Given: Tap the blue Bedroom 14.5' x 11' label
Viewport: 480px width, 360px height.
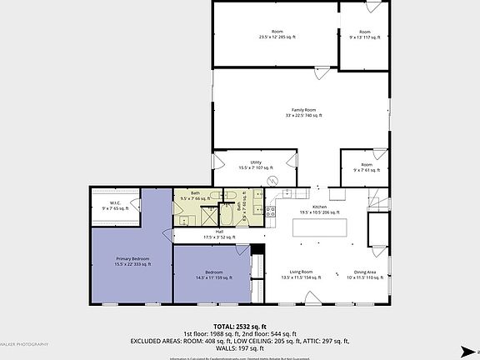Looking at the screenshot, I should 212,275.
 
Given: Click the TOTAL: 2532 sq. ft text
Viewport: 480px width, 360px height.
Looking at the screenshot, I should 239,326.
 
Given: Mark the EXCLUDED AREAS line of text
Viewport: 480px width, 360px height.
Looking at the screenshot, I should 239,341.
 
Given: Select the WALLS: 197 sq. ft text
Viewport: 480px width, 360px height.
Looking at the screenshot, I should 239,348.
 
